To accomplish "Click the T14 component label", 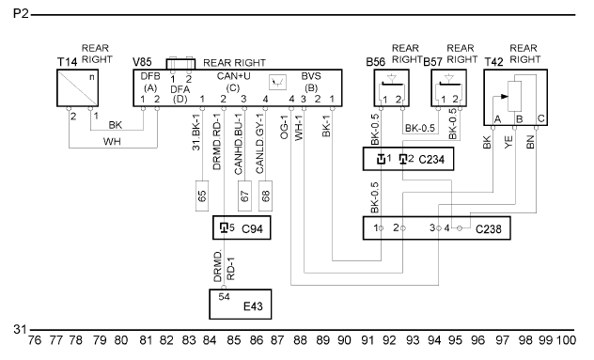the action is point(67,62).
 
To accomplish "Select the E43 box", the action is point(241,305).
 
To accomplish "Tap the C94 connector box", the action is point(242,227).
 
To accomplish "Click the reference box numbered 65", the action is point(202,196).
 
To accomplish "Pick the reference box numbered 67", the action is point(244,196).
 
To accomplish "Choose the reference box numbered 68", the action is point(265,196).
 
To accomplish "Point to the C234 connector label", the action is point(431,160).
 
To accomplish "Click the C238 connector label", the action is point(489,229).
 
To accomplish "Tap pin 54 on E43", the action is point(224,297).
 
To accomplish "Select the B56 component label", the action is point(375,62).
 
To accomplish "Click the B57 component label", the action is point(433,62).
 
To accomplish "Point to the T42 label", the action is point(494,62).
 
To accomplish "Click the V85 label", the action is point(142,62).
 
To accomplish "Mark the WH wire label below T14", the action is point(112,142).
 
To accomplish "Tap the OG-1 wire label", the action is point(285,127).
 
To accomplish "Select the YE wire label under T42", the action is point(508,142).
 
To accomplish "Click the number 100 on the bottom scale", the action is point(566,340).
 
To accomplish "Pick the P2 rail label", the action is point(21,14).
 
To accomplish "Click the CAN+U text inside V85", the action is point(234,76).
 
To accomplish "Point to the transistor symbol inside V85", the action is point(277,82).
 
